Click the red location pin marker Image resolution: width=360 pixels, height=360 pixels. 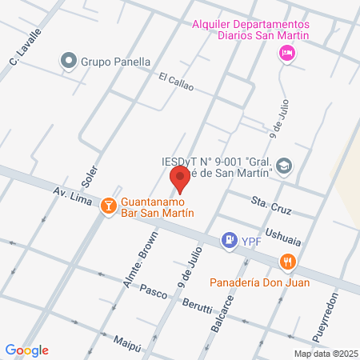pyautogui.click(x=180, y=180)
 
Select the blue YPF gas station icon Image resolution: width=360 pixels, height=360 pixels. pyautogui.click(x=230, y=239)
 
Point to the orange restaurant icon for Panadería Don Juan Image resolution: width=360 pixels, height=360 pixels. pyautogui.click(x=287, y=261)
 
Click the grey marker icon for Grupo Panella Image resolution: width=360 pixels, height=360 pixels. pyautogui.click(x=70, y=61)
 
